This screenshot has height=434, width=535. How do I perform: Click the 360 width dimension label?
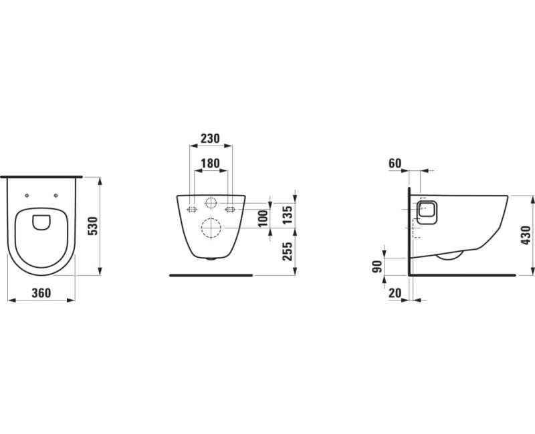coord(41,293)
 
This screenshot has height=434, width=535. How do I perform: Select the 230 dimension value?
coord(210,138)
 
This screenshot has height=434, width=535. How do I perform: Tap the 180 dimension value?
coord(210,164)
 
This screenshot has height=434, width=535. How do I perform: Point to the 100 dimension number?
coord(263,218)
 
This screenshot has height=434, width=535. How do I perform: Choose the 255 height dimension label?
coord(288,252)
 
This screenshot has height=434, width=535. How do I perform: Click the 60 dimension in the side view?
coord(395,164)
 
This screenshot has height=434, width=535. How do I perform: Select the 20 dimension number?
coord(395,293)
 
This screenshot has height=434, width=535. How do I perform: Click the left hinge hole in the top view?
coord(27,196)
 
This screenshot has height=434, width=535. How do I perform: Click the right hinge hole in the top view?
coord(56,196)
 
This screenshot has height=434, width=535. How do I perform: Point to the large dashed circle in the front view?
coord(211,229)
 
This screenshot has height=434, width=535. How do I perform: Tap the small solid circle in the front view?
coord(211,203)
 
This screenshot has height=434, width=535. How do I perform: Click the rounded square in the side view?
coord(427,212)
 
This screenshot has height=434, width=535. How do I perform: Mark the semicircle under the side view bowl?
coord(449,255)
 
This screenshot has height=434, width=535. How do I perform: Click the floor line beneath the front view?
coord(211,274)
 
